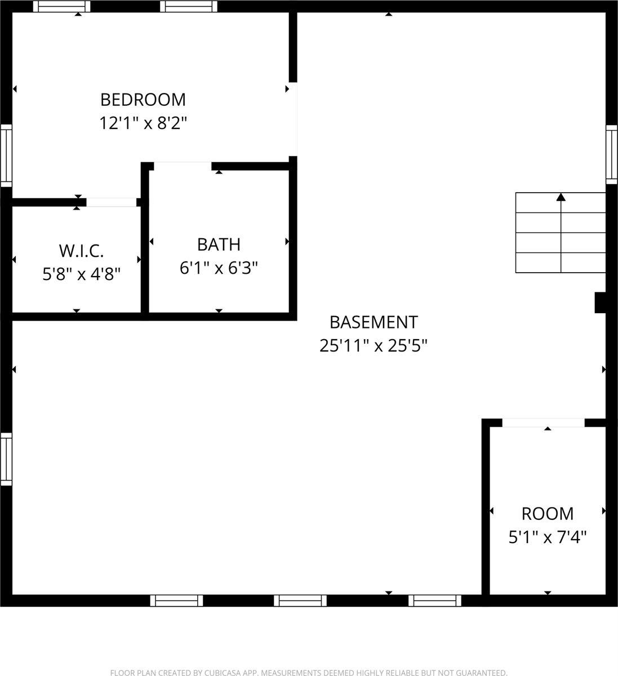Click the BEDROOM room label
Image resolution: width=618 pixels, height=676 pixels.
point(143,100)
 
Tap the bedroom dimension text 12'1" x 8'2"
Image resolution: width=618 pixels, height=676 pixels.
point(143,123)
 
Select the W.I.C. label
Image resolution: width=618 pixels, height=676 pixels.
point(81,251)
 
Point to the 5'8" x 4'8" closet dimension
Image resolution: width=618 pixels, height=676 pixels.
point(81,274)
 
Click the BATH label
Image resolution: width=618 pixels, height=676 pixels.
point(219,244)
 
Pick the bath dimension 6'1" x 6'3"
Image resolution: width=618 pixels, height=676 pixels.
point(219,268)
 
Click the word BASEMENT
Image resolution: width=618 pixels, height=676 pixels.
point(374,322)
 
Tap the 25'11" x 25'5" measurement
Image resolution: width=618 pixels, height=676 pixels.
point(374,345)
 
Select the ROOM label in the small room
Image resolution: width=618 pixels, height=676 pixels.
point(548,514)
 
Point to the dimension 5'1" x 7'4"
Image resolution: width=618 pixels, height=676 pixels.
point(548,537)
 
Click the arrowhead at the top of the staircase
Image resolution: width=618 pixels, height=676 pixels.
point(561,197)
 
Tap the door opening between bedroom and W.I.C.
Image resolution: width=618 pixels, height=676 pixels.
point(111,202)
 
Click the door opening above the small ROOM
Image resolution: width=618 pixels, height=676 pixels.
point(543,422)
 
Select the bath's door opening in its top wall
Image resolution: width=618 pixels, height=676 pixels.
point(182,166)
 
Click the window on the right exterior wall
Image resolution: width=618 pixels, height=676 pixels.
point(611,154)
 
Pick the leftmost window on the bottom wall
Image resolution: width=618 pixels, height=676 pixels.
point(176,601)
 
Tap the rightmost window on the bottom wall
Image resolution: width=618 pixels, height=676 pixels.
point(434,601)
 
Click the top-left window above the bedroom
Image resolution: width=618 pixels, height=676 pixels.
point(61,6)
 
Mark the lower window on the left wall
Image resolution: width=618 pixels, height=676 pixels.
point(6,459)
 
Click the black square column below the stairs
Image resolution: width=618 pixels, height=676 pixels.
point(601,302)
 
